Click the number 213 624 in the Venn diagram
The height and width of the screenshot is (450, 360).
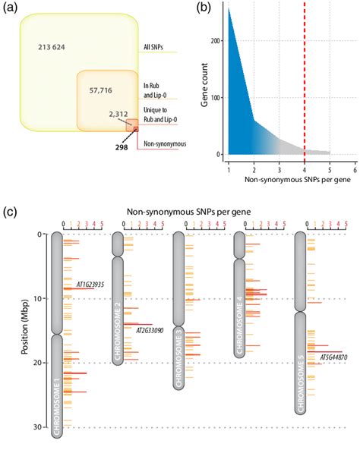coord(53,48)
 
